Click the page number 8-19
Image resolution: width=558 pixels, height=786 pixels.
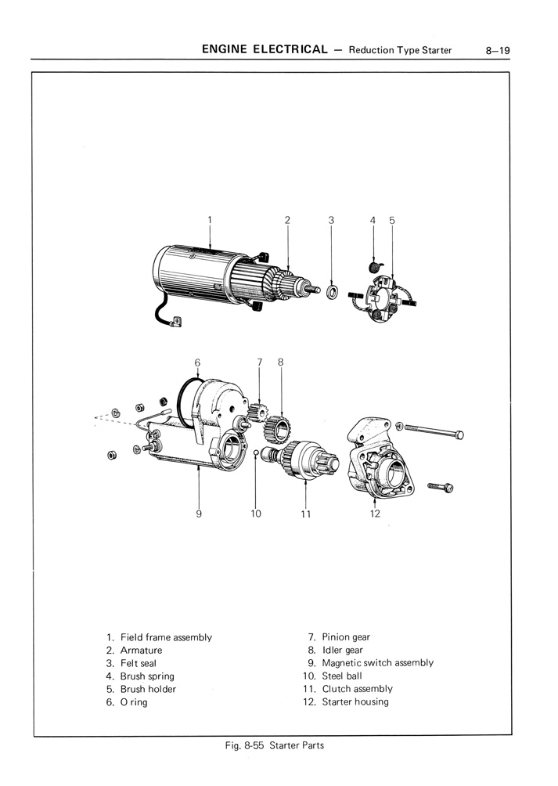pos(497,50)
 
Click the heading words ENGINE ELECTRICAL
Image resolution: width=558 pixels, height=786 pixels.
pos(264,50)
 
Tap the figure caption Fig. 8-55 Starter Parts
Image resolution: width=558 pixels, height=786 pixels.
pos(273,745)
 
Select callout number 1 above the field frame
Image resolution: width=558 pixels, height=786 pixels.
pos(211,221)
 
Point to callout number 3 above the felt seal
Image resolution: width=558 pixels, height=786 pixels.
pos(331,221)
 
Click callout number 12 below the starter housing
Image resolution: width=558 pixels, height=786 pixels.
pos(375,514)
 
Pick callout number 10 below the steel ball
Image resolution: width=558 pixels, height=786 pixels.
pos(255,514)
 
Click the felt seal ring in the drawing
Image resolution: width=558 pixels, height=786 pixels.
pos(332,292)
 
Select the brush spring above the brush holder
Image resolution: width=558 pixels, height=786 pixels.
pos(374,269)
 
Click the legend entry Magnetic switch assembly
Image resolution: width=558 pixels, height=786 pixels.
pos(377,663)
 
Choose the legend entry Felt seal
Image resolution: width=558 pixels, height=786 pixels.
pos(138,663)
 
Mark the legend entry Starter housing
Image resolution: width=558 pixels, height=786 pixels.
pos(355,701)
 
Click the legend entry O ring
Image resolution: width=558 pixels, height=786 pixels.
pos(133,702)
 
